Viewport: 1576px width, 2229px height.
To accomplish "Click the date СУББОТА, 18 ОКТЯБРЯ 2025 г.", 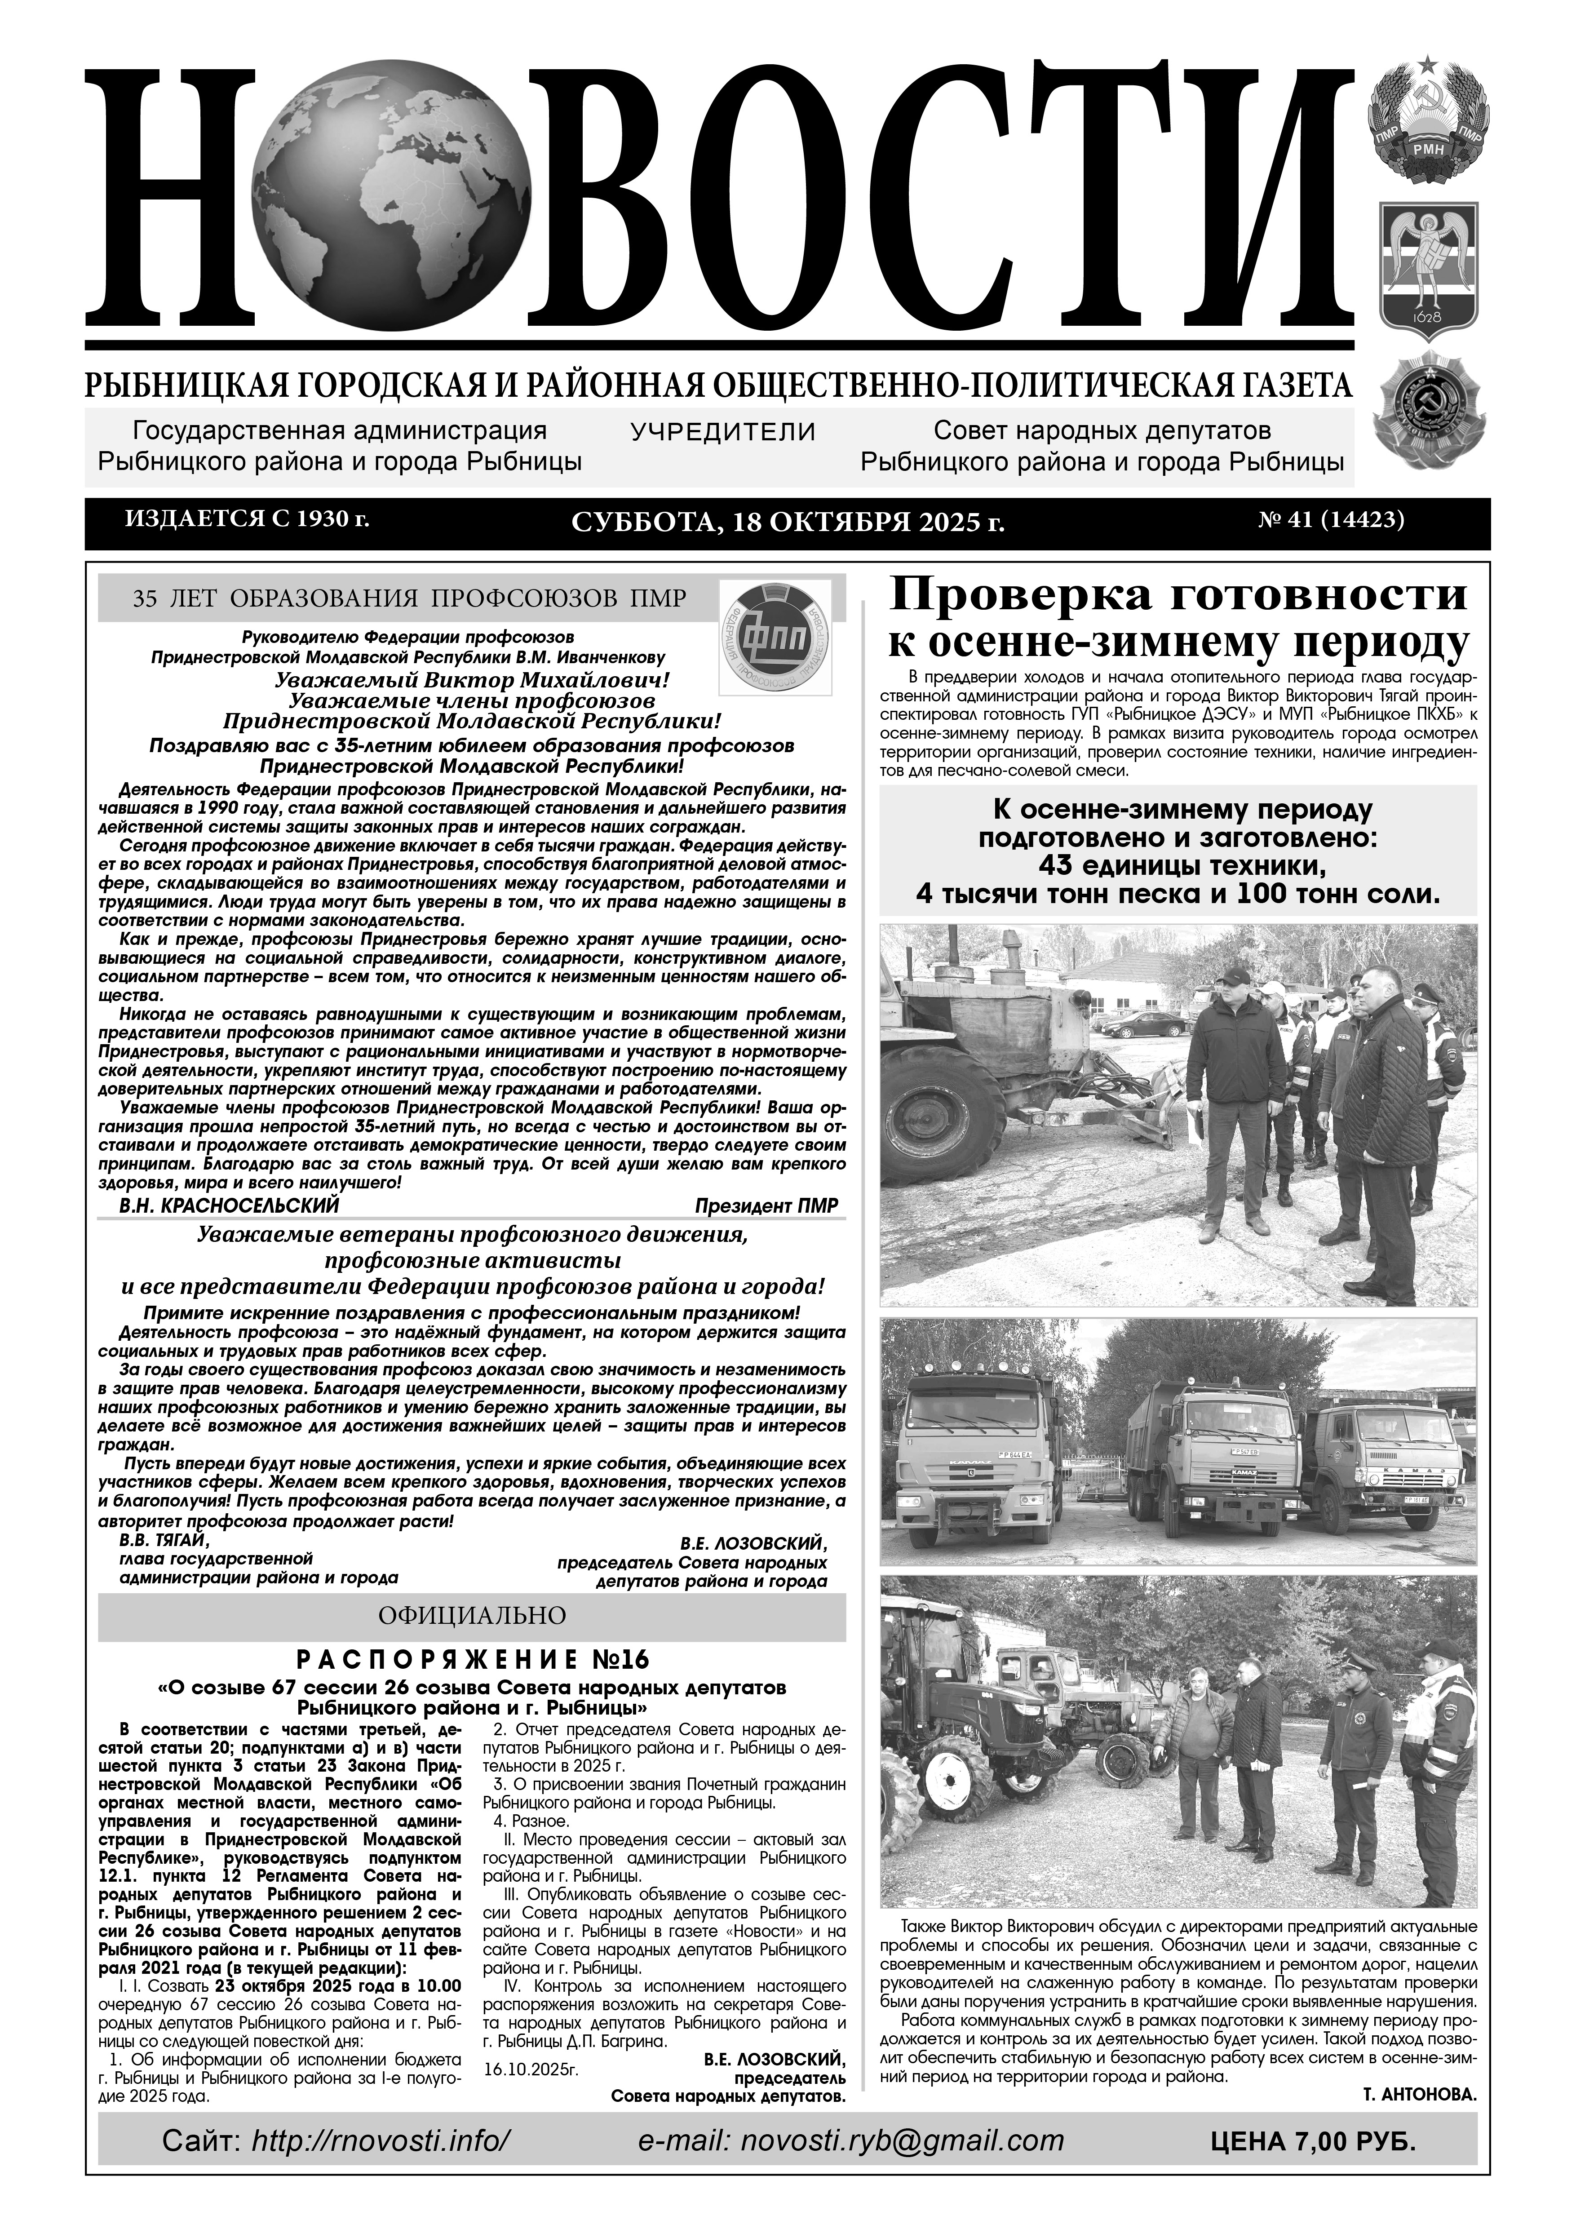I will coord(787,522).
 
